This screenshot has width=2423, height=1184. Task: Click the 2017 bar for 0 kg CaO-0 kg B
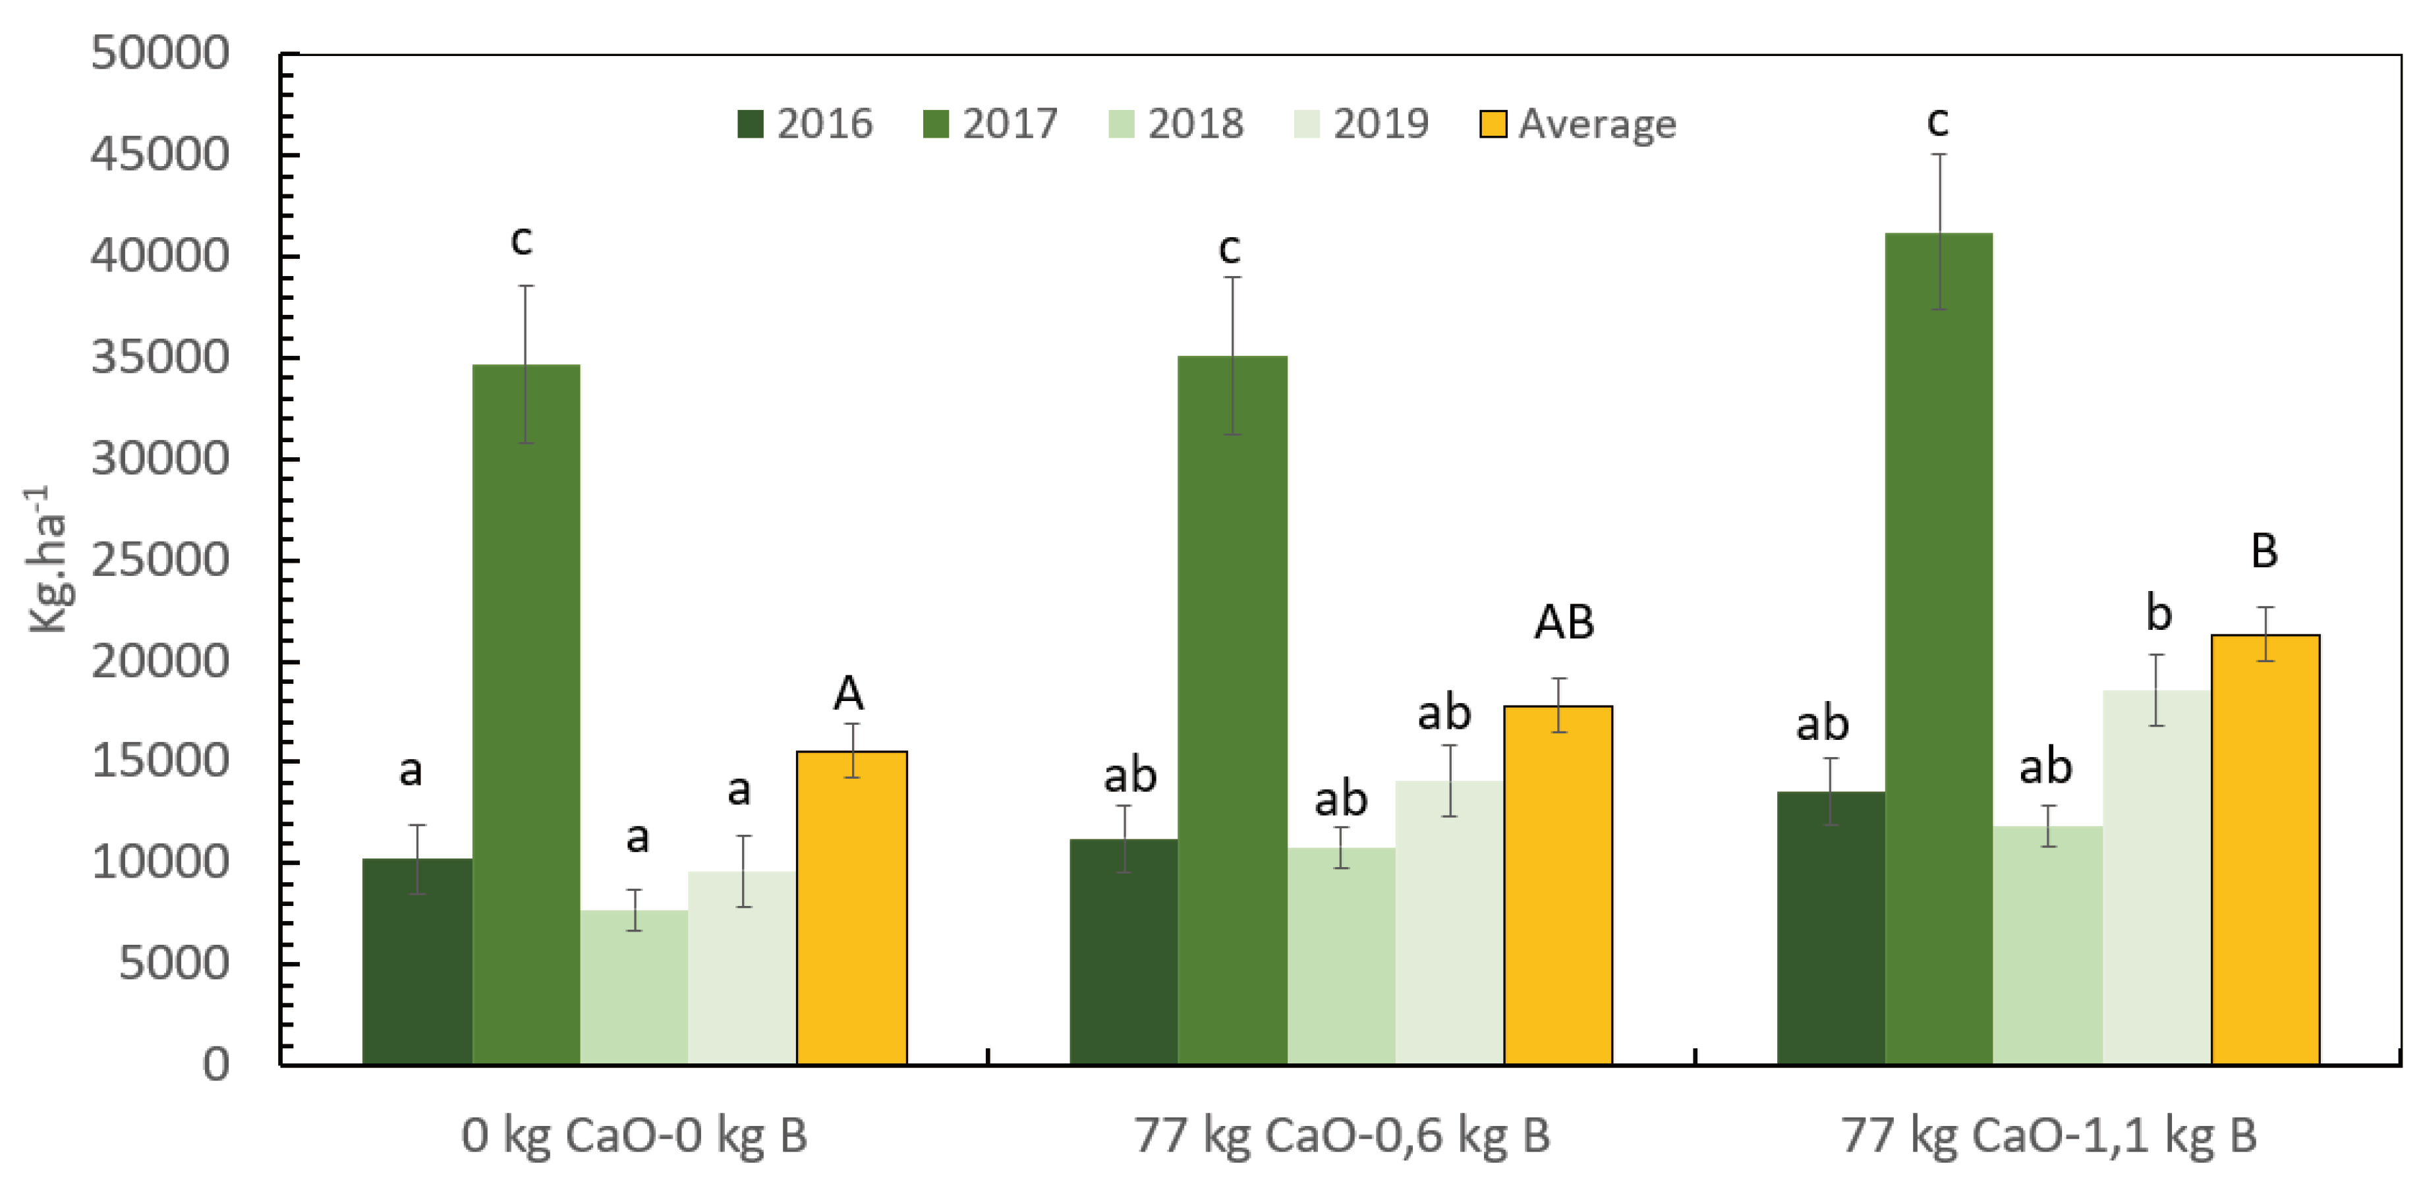[x=526, y=715]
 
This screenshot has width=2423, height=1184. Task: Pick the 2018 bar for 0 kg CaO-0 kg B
[x=634, y=988]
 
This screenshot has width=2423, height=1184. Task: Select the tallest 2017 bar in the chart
[x=1939, y=649]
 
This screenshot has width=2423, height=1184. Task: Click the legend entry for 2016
[x=805, y=124]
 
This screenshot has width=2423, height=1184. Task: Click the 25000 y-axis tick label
[x=160, y=561]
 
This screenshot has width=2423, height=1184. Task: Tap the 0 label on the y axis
[x=215, y=1065]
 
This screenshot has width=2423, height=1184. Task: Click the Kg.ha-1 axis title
[x=49, y=559]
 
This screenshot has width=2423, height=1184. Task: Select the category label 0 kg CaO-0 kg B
[x=634, y=1135]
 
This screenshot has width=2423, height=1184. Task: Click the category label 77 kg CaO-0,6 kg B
[x=1341, y=1135]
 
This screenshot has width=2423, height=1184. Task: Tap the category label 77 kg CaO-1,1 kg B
[x=2049, y=1135]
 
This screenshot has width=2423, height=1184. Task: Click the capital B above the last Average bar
[x=2264, y=551]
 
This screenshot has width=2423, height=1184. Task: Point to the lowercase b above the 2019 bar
[x=2157, y=614]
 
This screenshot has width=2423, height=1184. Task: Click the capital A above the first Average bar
[x=849, y=694]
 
